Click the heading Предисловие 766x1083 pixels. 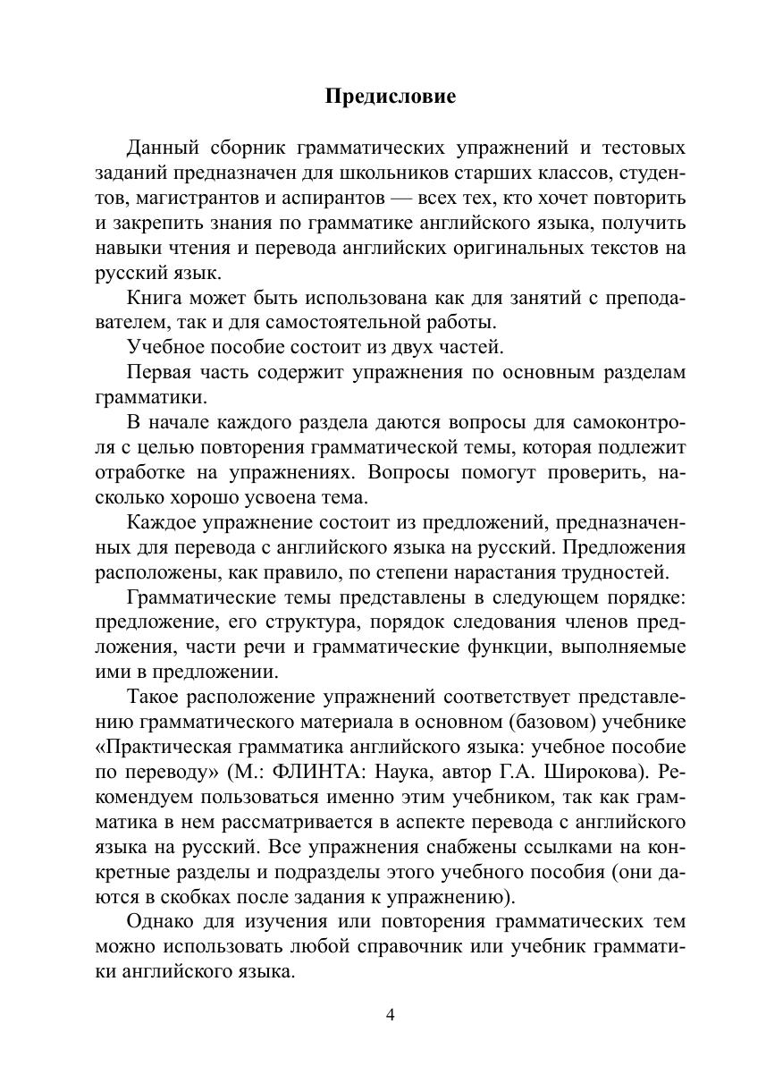coord(390,97)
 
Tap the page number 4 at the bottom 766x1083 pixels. coord(390,1014)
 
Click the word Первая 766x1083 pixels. coord(159,372)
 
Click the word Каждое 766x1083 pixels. coord(163,521)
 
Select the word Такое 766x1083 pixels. coord(156,696)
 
